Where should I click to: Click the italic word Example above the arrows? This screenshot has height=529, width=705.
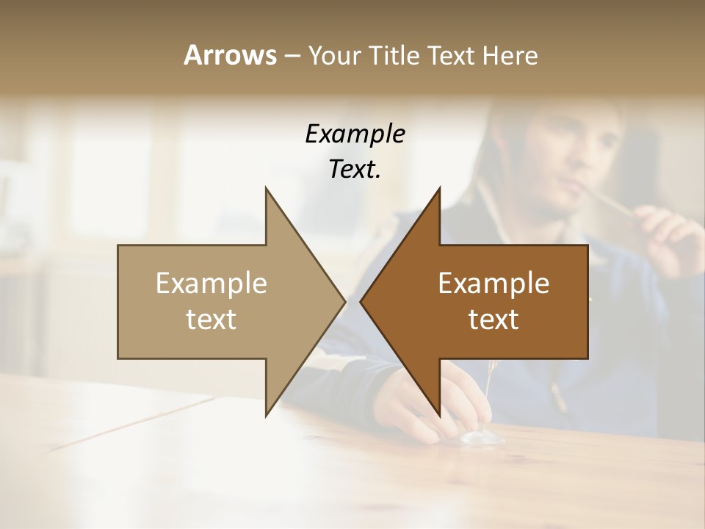(355, 134)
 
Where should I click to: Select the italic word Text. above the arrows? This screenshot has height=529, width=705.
(355, 170)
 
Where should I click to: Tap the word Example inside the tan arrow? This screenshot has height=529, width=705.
(211, 283)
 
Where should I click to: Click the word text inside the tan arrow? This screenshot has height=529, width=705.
(211, 319)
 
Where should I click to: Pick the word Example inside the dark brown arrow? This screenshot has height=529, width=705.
(493, 283)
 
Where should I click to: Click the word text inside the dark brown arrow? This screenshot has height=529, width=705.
(493, 319)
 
